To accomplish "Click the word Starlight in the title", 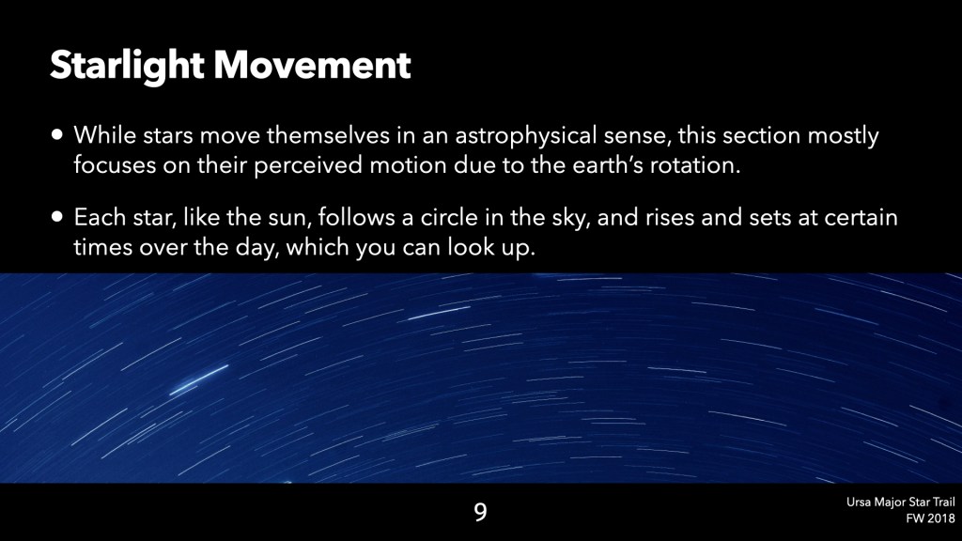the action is coord(127,66).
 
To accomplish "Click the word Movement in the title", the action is coord(312,65).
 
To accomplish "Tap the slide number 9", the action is coord(480,512).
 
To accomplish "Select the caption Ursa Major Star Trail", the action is coord(901,502).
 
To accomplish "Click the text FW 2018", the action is coord(931,518).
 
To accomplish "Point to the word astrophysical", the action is coord(526,135).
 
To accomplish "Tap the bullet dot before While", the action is coord(57,135).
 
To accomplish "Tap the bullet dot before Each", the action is coord(57,217).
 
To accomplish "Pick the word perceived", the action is coord(307,165).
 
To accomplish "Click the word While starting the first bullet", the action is coord(105,135).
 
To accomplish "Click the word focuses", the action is coord(115,164).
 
